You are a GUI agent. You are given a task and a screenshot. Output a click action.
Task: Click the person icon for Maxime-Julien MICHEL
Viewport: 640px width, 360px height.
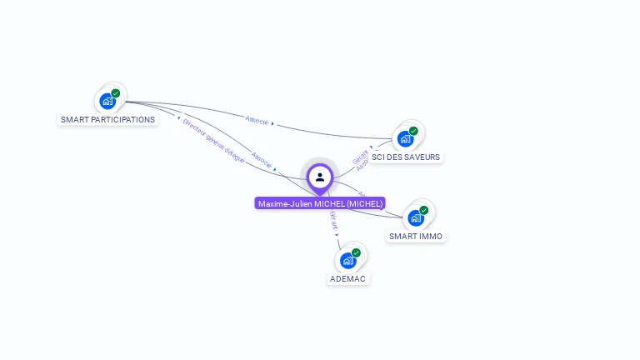tap(320, 177)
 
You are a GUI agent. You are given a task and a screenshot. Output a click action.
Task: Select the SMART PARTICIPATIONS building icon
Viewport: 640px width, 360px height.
tap(107, 101)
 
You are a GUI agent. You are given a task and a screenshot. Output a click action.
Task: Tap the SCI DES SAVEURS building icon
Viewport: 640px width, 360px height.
tap(405, 138)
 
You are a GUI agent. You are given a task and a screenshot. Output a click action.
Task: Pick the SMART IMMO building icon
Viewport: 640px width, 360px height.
tap(416, 217)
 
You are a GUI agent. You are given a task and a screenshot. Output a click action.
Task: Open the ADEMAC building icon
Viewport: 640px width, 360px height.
tap(347, 260)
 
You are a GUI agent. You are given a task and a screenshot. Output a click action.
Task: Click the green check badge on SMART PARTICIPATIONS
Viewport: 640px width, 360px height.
tap(116, 93)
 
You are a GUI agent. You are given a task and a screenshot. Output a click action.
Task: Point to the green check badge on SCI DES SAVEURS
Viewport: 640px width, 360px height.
tap(413, 131)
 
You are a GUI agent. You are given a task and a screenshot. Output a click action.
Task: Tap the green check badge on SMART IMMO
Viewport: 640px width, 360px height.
tap(424, 210)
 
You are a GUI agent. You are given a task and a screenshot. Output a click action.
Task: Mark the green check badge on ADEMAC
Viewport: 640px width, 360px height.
tap(357, 252)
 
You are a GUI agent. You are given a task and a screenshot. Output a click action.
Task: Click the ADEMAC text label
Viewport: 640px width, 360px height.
tap(347, 278)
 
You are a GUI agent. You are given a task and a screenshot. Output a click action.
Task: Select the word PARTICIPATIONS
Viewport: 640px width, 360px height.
tap(123, 119)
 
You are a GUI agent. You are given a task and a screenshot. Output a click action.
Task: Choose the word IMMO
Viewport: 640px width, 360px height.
tap(432, 236)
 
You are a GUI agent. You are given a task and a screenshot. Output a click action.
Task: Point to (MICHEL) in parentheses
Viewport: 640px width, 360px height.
tap(365, 203)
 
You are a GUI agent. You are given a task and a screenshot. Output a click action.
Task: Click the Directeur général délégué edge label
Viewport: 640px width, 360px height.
tap(214, 140)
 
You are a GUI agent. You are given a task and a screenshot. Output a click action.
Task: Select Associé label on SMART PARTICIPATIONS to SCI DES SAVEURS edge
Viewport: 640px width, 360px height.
tap(257, 120)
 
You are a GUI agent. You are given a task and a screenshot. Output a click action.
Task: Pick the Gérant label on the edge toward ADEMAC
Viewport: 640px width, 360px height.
tap(334, 219)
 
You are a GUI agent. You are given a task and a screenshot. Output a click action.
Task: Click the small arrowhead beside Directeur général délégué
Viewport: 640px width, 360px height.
tap(178, 118)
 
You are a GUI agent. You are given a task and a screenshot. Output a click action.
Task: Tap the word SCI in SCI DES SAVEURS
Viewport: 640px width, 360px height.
tap(379, 157)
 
